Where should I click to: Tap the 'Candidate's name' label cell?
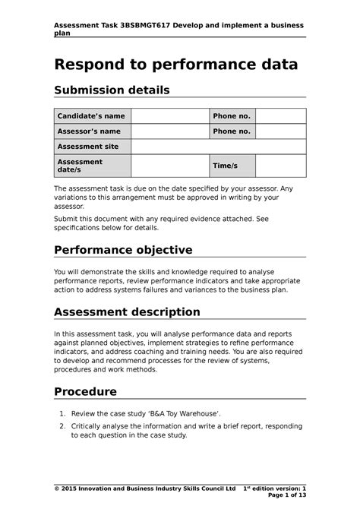click(91, 116)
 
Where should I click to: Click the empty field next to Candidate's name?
click(170, 116)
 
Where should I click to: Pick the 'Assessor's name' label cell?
click(91, 131)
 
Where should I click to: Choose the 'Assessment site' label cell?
click(91, 147)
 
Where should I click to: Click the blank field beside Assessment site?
click(218, 147)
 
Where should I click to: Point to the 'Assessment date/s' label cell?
click(91, 166)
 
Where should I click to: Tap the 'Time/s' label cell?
click(232, 166)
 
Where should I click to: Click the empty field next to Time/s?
click(280, 166)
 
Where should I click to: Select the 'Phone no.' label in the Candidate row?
click(232, 116)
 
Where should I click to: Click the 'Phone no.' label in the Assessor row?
click(232, 131)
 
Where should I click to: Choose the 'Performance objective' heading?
click(123, 250)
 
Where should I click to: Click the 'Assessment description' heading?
click(127, 311)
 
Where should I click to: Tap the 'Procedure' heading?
click(85, 392)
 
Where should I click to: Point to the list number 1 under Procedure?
click(62, 413)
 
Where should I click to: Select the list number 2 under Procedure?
click(62, 427)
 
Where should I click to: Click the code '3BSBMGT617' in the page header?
click(139, 25)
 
